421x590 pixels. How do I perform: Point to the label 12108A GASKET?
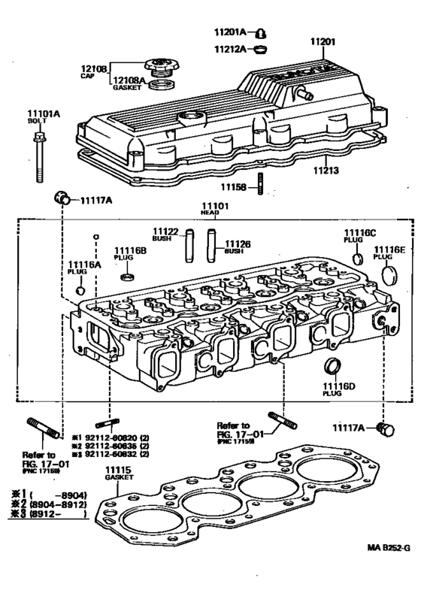(x=128, y=83)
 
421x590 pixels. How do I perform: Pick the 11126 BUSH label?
(x=235, y=247)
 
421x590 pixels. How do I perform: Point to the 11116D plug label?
(x=332, y=392)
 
